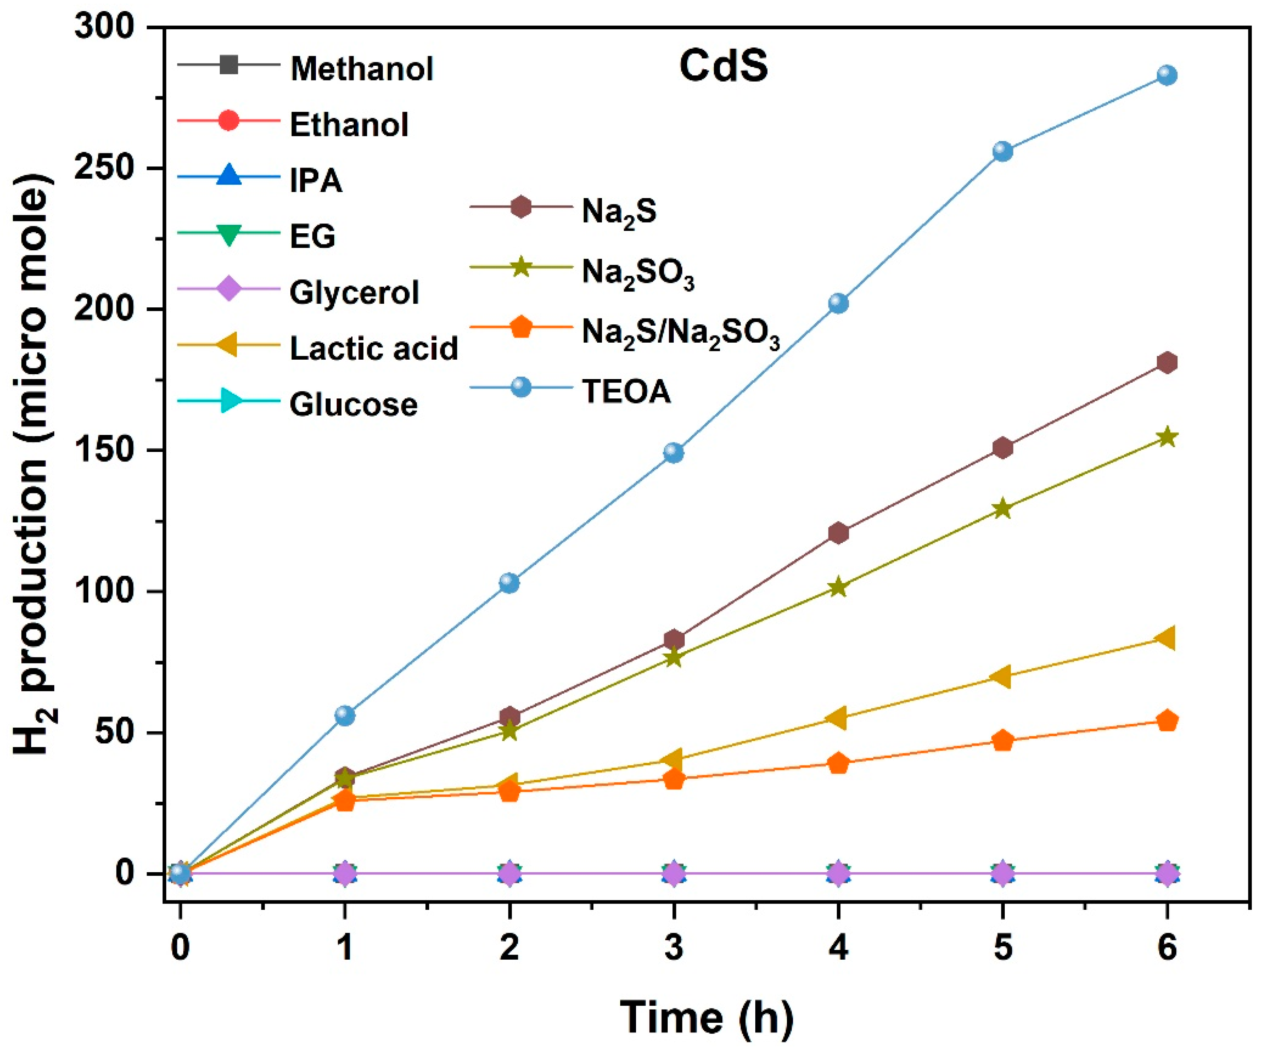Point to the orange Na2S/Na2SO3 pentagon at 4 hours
point(838,764)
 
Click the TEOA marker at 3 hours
point(674,452)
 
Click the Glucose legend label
point(353,404)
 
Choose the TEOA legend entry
point(626,391)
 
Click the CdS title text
point(724,66)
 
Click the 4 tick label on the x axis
point(838,949)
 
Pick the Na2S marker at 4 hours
point(838,533)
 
